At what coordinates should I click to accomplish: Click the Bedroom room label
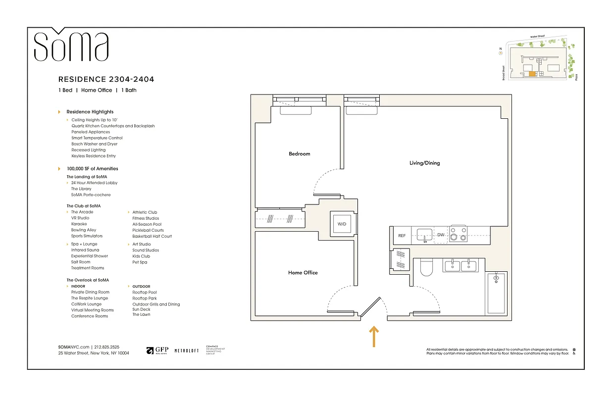pyautogui.click(x=299, y=154)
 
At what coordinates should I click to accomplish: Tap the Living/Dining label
pyautogui.click(x=424, y=163)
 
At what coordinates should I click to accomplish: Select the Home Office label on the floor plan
pyautogui.click(x=303, y=273)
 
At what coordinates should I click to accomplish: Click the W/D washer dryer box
pyautogui.click(x=342, y=224)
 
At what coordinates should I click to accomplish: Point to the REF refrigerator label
pyautogui.click(x=402, y=236)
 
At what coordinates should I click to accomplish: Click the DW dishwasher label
pyautogui.click(x=440, y=235)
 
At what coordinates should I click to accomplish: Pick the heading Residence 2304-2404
pyautogui.click(x=106, y=79)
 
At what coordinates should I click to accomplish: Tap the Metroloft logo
pyautogui.click(x=186, y=350)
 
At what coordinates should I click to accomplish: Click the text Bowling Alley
pyautogui.click(x=84, y=230)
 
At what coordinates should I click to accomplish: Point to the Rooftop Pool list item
pyautogui.click(x=144, y=293)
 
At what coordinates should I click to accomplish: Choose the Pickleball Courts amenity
pyautogui.click(x=148, y=230)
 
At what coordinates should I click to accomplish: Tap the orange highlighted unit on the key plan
pyautogui.click(x=532, y=74)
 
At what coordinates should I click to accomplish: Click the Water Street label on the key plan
pyautogui.click(x=537, y=37)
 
